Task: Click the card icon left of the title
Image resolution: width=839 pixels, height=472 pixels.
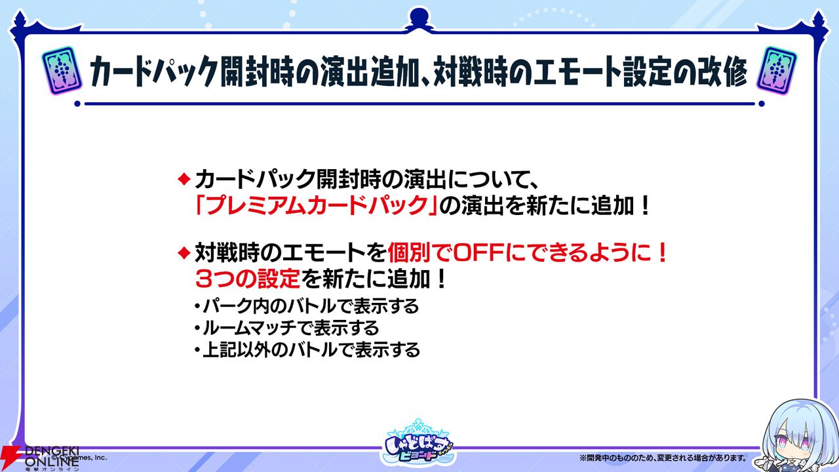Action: point(62,70)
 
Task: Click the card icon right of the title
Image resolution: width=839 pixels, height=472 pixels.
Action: point(777,70)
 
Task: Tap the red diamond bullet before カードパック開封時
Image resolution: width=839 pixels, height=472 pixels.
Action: point(184,179)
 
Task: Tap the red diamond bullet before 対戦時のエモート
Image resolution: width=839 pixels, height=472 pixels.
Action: point(184,253)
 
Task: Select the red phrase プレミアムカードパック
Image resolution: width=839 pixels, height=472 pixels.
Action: point(317,206)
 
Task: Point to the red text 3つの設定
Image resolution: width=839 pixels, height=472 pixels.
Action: point(248,279)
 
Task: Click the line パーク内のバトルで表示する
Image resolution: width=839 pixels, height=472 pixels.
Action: point(306,306)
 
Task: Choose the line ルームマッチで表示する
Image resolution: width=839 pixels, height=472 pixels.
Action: point(286,328)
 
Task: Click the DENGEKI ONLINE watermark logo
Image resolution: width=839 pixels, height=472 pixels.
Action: point(41,458)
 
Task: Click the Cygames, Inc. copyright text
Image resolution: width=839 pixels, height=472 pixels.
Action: point(80,458)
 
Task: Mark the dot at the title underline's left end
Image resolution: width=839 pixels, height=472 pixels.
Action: point(77,104)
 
